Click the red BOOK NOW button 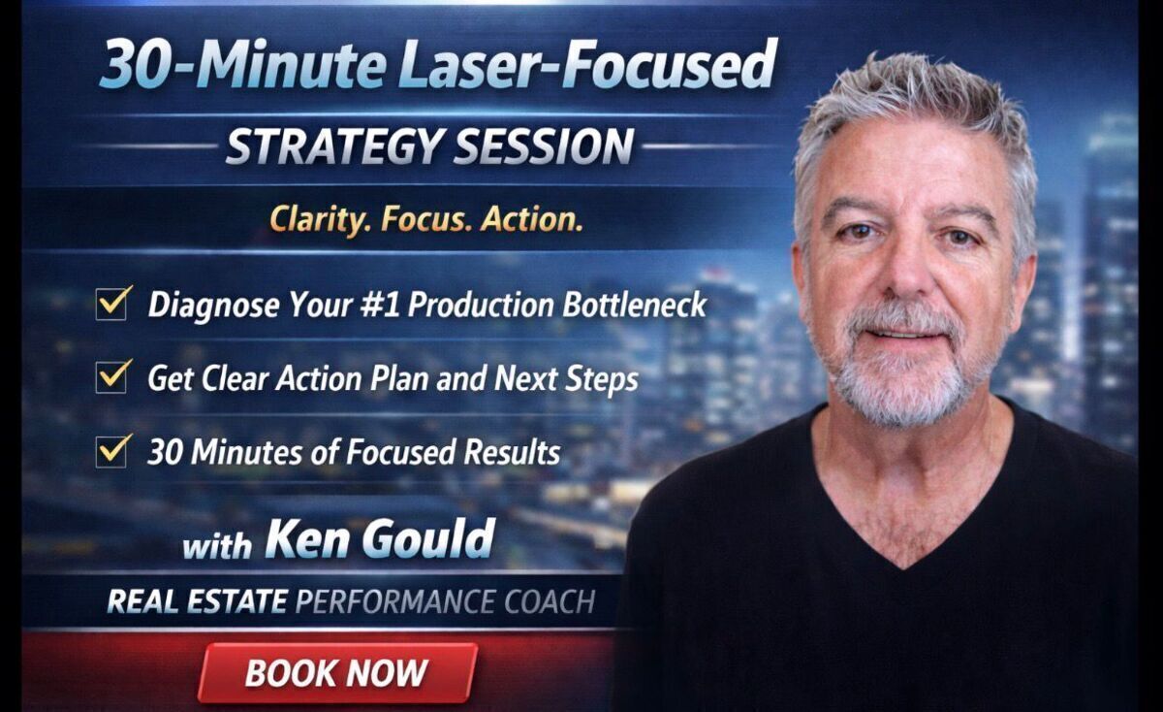pos(337,672)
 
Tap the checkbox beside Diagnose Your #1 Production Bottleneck pos(112,305)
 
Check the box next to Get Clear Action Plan pos(112,376)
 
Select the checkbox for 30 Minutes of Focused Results pos(112,450)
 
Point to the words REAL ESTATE pos(197,601)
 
